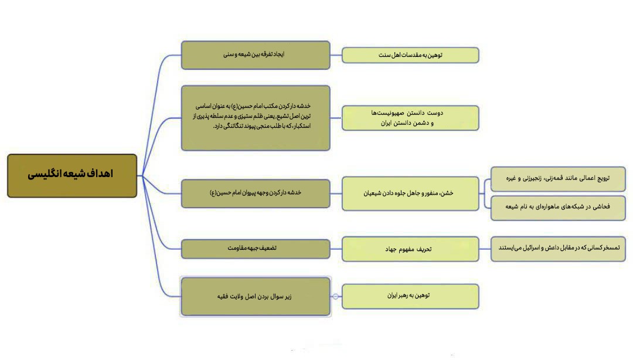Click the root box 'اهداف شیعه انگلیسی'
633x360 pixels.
pos(72,176)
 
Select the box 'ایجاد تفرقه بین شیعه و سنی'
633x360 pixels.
pos(256,55)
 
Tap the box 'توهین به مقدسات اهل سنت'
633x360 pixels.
pos(410,55)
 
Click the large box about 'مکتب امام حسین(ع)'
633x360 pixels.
pos(256,118)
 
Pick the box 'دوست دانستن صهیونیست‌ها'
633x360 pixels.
pos(410,118)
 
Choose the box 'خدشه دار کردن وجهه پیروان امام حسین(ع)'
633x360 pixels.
pos(256,193)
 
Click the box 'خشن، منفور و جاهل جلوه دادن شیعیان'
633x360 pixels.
pos(410,193)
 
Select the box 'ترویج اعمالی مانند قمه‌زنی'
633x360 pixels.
pos(558,179)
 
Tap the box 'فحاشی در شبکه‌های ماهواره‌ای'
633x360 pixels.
pos(558,208)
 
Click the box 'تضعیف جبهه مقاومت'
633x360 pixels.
pos(256,249)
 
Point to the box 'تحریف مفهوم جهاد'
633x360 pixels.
pos(410,249)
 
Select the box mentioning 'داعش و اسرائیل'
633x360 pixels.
pos(558,249)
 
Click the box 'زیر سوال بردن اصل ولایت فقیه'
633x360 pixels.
pos(256,297)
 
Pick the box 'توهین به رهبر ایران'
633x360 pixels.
pos(410,297)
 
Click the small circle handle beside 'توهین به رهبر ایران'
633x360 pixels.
pos(335,297)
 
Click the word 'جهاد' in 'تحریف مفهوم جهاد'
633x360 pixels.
pos(391,249)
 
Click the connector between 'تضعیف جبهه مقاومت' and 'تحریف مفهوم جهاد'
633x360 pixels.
pos(336,249)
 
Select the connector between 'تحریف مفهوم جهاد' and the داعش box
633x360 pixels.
pos(485,249)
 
